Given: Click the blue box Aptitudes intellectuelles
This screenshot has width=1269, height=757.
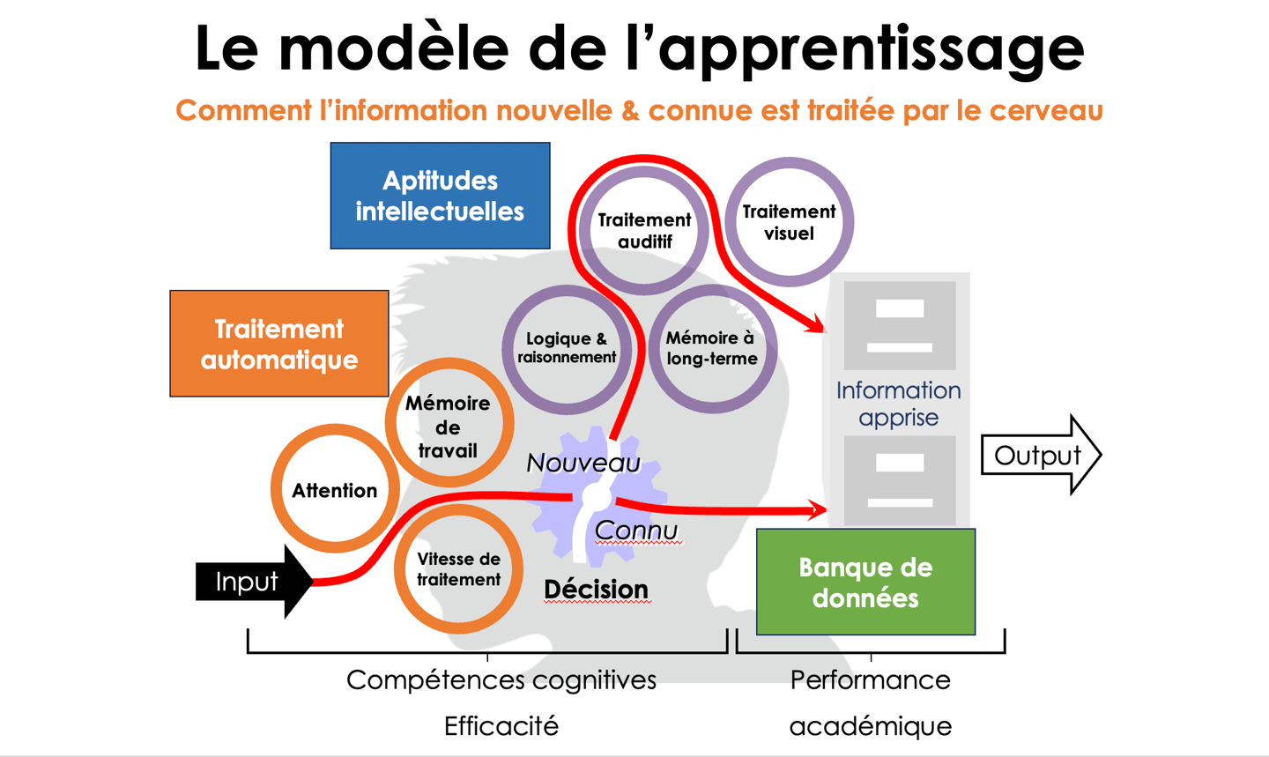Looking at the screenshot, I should (x=440, y=196).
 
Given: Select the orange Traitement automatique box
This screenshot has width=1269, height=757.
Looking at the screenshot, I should (x=279, y=344).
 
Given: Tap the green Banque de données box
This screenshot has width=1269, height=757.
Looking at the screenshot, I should (x=865, y=582).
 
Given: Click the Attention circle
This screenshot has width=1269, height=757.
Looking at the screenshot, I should (x=335, y=490).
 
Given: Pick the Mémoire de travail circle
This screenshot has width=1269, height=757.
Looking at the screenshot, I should (x=449, y=426).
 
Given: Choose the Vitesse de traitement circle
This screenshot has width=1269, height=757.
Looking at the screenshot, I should (x=458, y=569).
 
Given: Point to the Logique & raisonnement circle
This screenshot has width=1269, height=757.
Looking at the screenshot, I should (x=567, y=348).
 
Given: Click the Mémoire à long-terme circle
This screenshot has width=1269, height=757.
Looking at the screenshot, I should (x=711, y=348).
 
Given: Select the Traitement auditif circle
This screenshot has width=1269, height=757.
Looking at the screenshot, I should (x=644, y=230).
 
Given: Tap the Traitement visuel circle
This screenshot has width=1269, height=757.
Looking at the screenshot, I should (x=789, y=222).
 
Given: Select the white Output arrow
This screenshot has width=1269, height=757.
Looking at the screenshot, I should (x=1039, y=456).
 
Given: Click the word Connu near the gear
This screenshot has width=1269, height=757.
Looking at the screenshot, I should (x=636, y=531).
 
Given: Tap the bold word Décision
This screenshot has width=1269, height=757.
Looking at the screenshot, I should (x=596, y=590).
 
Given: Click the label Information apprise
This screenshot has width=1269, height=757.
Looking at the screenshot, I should (x=898, y=403).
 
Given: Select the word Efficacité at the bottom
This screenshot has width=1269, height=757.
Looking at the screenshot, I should (x=501, y=726).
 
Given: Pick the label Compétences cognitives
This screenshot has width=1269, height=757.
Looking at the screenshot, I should (x=501, y=680).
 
